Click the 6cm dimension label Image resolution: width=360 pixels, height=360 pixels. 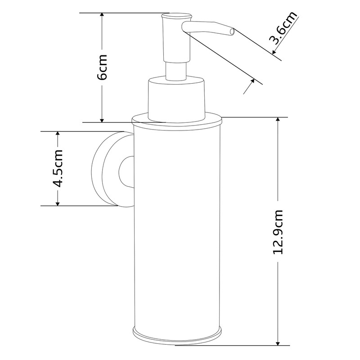103,67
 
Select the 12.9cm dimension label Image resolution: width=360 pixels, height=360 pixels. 279,232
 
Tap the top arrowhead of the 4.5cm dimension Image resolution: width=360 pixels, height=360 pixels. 58,135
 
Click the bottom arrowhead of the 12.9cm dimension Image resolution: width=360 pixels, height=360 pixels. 279,343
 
